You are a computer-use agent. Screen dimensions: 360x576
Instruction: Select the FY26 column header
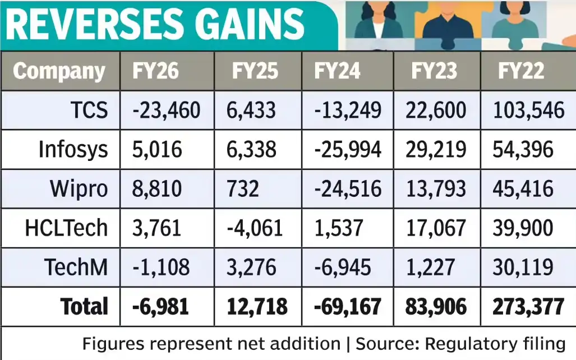tap(155, 71)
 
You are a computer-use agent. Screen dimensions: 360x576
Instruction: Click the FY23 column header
tap(434, 71)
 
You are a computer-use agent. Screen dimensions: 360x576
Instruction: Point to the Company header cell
tap(59, 71)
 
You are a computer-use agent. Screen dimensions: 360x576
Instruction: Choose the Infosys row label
tap(73, 150)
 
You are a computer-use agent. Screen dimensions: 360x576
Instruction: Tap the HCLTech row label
tap(66, 228)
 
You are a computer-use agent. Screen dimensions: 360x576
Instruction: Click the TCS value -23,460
tap(166, 110)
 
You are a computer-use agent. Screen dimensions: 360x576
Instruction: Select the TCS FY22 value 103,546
tap(528, 110)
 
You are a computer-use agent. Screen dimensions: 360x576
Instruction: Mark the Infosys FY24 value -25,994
tap(348, 150)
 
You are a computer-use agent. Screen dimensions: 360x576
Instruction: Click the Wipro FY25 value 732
tap(243, 189)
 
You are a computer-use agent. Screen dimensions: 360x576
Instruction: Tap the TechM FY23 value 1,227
tap(430, 267)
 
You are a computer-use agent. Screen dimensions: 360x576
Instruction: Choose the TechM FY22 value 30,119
tap(523, 267)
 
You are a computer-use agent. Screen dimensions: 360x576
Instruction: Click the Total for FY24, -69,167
tap(348, 307)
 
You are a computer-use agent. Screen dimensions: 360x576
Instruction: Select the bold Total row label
tap(84, 307)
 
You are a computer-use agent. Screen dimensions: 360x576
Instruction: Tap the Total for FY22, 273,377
tap(528, 307)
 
